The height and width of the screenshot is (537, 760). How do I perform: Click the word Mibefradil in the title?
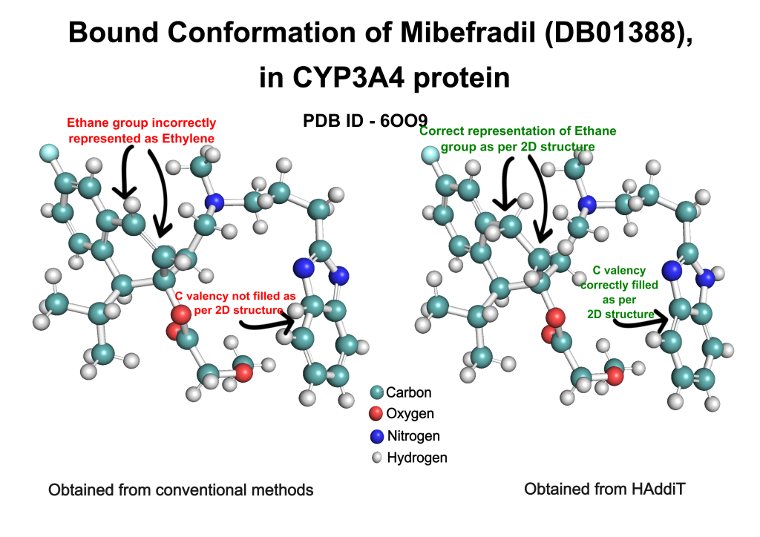[x=468, y=33]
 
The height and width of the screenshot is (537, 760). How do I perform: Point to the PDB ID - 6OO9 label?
[x=365, y=121]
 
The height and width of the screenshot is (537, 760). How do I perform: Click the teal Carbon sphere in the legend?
[x=376, y=392]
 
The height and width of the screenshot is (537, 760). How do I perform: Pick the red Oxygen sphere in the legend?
[x=376, y=414]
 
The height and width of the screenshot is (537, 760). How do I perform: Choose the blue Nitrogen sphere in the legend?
[x=376, y=436]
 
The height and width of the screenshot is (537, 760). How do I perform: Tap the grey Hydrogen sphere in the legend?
[x=376, y=458]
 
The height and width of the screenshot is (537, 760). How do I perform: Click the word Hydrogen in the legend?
[x=417, y=458]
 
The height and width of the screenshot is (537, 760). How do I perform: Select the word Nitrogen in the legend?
[x=413, y=436]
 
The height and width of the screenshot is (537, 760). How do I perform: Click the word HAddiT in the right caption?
[x=659, y=489]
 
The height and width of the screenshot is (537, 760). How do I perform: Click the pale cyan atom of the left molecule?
[x=49, y=153]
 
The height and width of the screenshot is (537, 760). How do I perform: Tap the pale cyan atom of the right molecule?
[x=430, y=156]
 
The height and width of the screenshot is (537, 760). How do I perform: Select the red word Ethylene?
[x=188, y=139]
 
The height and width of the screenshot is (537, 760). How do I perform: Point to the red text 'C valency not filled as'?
[x=235, y=296]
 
